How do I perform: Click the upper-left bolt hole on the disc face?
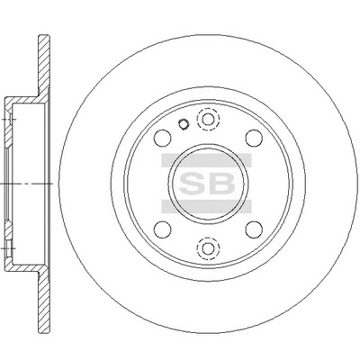[162, 139]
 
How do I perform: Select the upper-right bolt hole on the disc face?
[254, 139]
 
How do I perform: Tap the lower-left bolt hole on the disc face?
[162, 229]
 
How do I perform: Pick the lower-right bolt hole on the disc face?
[254, 229]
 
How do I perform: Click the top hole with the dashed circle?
[208, 120]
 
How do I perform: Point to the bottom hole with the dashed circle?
[208, 248]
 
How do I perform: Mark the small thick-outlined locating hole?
[183, 124]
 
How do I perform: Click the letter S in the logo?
[192, 183]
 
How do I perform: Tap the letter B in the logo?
[221, 183]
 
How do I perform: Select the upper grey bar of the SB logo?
[207, 160]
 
